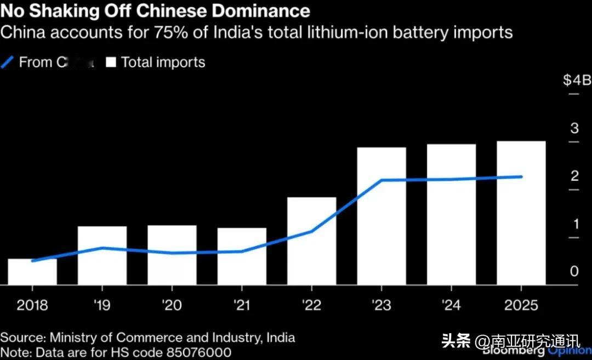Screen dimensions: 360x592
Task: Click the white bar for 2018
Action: (x=32, y=272)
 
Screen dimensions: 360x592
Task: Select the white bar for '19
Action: (x=102, y=255)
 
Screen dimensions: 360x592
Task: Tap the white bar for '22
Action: (x=311, y=241)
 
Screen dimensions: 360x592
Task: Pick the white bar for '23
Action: (x=382, y=216)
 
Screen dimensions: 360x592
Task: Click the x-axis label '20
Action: (x=172, y=305)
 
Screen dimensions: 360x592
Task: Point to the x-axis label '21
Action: (x=242, y=305)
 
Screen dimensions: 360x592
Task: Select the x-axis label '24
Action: (x=451, y=305)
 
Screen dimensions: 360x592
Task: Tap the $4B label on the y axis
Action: (x=577, y=81)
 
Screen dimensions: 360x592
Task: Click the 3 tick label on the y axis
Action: (x=574, y=129)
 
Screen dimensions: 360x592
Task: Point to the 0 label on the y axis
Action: (x=574, y=272)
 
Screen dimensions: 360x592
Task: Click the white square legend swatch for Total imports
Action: (x=111, y=62)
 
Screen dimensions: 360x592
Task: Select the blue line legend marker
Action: (x=8, y=62)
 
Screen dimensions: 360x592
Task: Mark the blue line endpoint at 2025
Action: (x=521, y=177)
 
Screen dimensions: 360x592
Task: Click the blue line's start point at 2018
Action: (x=32, y=261)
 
